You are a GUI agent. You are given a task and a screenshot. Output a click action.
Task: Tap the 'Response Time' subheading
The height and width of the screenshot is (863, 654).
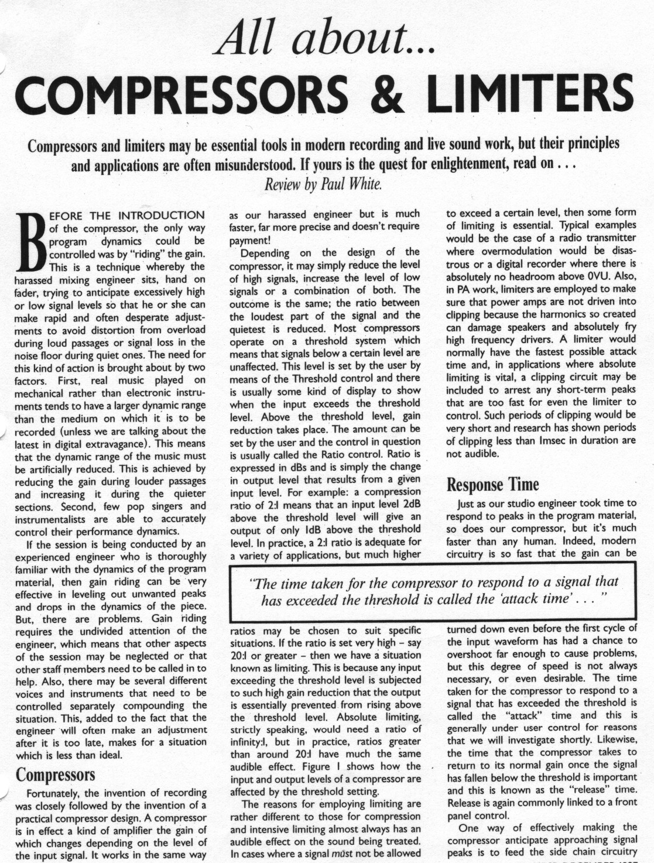[x=492, y=485]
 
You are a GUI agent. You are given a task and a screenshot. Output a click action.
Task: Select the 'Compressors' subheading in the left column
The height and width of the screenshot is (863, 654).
[x=55, y=775]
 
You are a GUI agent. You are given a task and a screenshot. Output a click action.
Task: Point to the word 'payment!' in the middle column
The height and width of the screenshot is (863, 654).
[x=248, y=239]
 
